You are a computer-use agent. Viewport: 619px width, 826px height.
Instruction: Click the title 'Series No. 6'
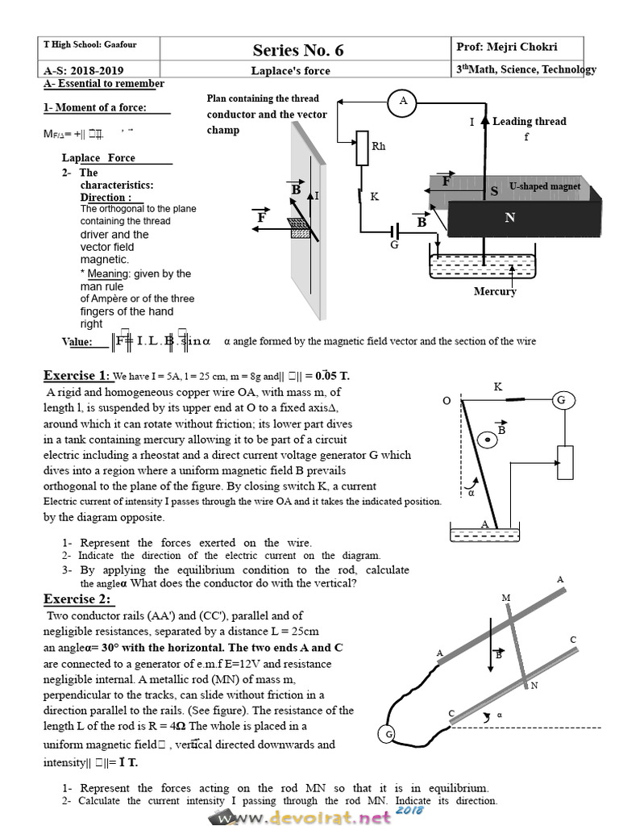(297, 50)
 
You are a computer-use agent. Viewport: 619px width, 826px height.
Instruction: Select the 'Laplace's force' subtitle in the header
(290, 71)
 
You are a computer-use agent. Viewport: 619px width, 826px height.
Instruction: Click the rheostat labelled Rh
(361, 146)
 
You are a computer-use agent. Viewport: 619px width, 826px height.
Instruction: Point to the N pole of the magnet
(509, 218)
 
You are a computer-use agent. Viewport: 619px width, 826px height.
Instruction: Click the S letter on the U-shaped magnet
(494, 191)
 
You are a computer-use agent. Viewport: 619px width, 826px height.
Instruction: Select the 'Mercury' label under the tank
(495, 291)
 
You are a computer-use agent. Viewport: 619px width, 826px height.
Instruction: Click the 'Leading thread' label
(529, 121)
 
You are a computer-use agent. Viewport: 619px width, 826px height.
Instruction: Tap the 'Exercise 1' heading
(76, 375)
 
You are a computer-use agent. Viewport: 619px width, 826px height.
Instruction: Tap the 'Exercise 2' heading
(78, 599)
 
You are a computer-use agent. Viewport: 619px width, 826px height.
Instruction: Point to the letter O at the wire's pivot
(447, 401)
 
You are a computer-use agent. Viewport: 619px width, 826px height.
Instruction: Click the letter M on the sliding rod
(506, 598)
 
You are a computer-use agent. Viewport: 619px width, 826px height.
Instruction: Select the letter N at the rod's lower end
(533, 686)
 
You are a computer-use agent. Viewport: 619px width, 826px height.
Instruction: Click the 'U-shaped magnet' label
(545, 186)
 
